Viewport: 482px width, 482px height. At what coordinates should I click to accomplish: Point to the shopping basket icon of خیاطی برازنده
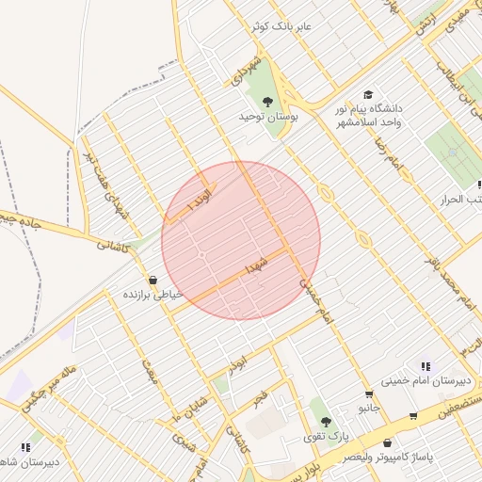pos(153,280)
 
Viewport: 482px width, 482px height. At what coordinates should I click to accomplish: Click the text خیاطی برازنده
pos(153,296)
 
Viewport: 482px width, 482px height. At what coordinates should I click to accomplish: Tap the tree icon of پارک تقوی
pos(326,422)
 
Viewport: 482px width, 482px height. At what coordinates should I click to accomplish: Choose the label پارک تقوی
pos(326,438)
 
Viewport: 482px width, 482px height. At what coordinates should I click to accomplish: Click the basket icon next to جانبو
pos(369,394)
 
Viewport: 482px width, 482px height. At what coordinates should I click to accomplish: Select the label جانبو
pos(369,410)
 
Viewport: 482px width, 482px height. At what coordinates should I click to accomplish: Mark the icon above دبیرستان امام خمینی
pos(426,366)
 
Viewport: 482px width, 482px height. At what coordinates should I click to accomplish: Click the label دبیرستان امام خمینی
pos(418,382)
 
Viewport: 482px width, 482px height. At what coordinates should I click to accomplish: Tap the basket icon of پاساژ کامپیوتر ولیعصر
pos(388,442)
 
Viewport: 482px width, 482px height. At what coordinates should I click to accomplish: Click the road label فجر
pos(262,397)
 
